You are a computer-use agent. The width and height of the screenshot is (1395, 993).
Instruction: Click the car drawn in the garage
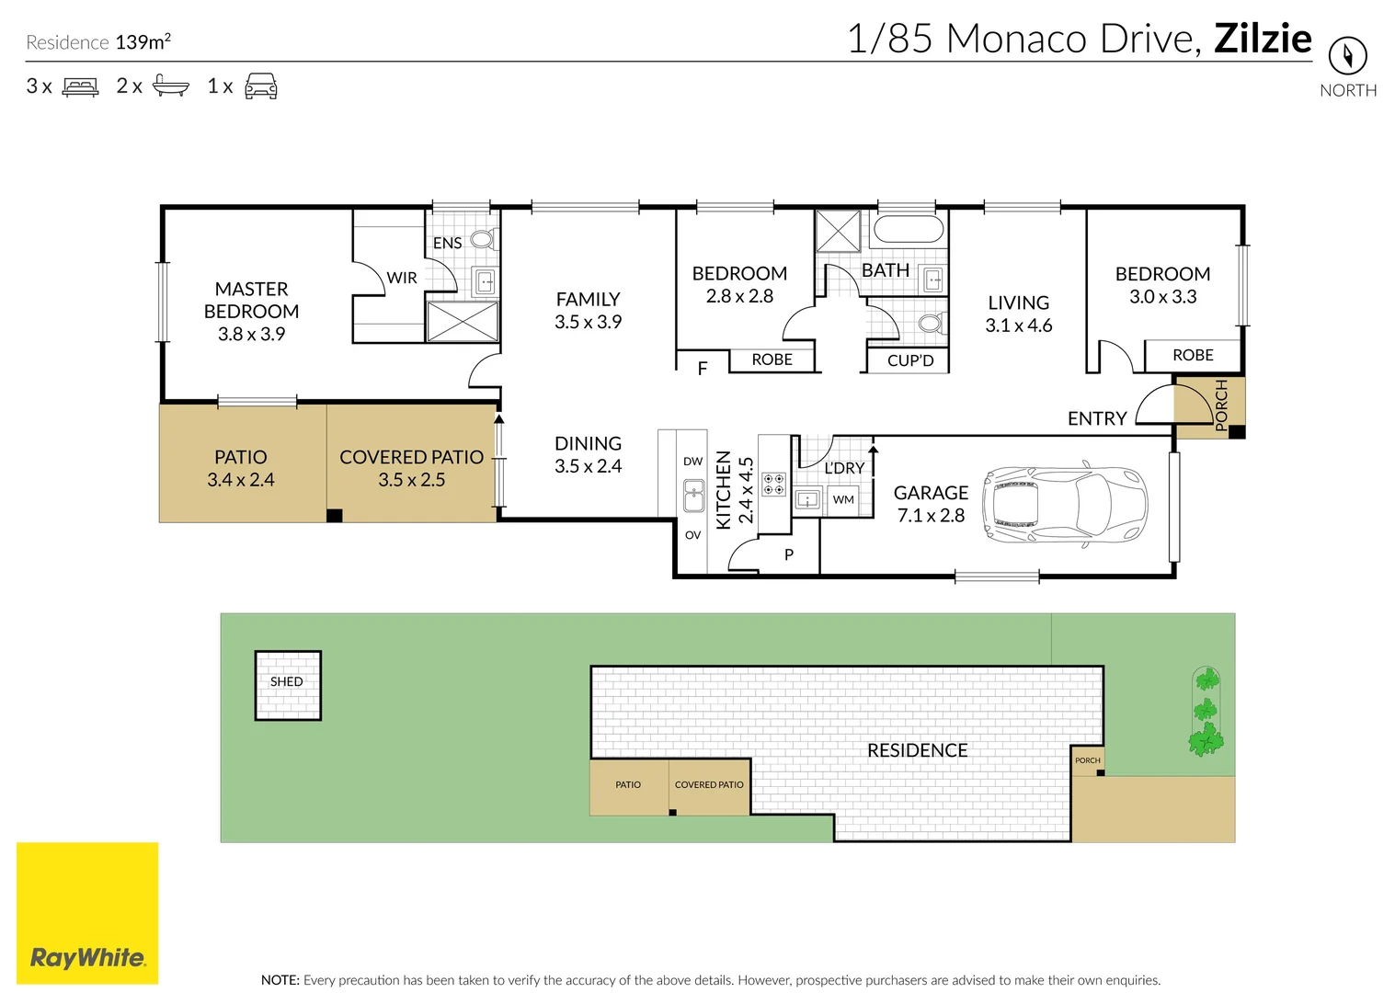(1065, 504)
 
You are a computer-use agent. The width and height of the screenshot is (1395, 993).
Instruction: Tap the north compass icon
(1348, 56)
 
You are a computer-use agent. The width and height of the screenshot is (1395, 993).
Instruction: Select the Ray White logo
(87, 913)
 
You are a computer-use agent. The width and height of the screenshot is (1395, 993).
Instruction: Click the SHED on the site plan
(288, 686)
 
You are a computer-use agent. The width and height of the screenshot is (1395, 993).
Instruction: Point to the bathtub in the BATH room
(909, 229)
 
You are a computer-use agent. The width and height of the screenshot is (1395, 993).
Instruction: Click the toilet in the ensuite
(484, 239)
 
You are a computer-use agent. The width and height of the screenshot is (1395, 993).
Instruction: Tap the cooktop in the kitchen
(774, 484)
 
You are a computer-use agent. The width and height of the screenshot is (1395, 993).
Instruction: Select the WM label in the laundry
(843, 499)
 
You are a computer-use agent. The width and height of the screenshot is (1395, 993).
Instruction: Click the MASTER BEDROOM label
(252, 300)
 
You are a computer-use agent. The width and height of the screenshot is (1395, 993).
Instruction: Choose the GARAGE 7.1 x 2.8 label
(931, 504)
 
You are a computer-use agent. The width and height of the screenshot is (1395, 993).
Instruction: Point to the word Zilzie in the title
(1263, 39)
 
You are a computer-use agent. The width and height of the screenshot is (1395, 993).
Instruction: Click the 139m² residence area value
(143, 41)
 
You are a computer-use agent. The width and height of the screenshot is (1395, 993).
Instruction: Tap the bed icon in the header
(80, 86)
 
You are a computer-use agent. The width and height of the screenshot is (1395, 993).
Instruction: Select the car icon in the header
(261, 86)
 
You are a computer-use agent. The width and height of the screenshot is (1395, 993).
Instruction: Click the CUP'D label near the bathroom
(910, 360)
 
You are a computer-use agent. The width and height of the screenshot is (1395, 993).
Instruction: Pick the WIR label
(402, 278)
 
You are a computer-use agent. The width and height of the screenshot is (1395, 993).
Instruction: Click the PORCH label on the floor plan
(1221, 405)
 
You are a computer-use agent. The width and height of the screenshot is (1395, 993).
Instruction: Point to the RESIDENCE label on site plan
(918, 750)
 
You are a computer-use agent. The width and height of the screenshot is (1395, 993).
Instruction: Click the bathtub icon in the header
(171, 86)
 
